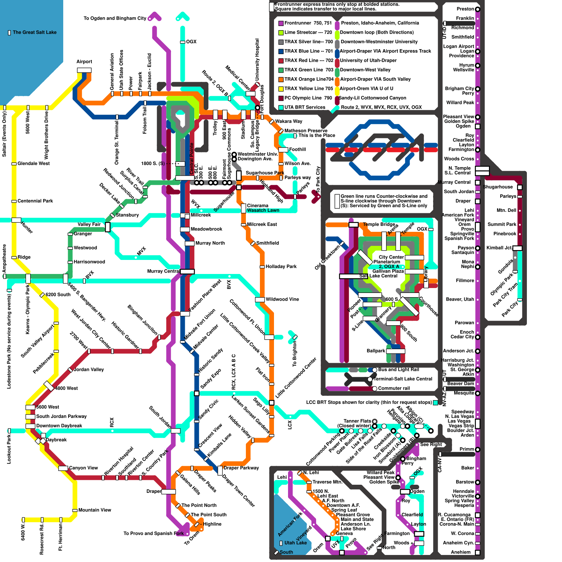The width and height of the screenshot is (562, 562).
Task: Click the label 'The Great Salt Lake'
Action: point(34,32)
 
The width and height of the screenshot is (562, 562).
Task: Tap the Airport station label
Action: point(84,62)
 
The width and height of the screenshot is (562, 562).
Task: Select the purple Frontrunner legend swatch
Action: point(281,23)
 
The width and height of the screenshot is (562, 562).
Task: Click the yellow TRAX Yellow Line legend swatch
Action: point(281,89)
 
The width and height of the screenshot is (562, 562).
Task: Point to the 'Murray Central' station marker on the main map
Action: point(187,271)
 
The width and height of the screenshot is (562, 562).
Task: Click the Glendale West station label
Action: point(34,164)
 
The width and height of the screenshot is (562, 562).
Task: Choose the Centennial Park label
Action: point(35,201)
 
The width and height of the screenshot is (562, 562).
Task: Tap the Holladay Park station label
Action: point(281,267)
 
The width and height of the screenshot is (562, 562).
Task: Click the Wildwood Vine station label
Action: point(282,300)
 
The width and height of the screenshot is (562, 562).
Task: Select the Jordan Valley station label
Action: point(89,370)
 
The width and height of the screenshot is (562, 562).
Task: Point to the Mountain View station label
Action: point(94,510)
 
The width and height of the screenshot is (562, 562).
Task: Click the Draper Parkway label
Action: point(241,468)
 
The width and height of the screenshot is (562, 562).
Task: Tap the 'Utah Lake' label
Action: point(295,543)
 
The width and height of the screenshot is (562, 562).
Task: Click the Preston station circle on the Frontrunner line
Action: point(477,9)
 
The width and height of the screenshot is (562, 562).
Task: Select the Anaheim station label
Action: point(460,553)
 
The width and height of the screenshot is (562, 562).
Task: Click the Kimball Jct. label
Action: point(499,248)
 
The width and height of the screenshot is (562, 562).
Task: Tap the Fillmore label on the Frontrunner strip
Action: point(465,281)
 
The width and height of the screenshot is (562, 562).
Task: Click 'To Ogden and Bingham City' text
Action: point(115,19)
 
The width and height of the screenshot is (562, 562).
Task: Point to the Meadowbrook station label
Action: point(207,229)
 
